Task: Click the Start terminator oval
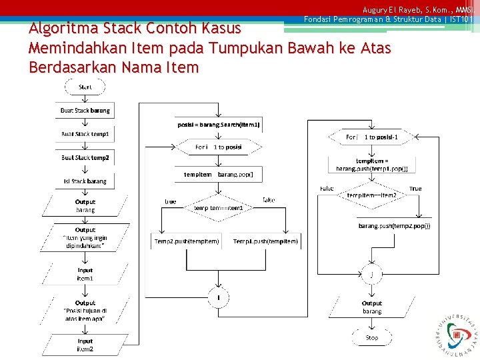pyautogui.click(x=85, y=87)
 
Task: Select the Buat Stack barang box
pyautogui.click(x=85, y=111)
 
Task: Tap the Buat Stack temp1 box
pyautogui.click(x=85, y=134)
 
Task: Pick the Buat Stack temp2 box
pyautogui.click(x=85, y=158)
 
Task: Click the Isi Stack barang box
pyautogui.click(x=85, y=181)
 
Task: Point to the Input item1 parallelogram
pyautogui.click(x=85, y=274)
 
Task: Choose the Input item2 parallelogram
pyautogui.click(x=85, y=345)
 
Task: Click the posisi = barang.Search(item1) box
pyautogui.click(x=219, y=125)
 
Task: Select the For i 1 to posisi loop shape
pyautogui.click(x=219, y=147)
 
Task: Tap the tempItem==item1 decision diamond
pyautogui.click(x=219, y=207)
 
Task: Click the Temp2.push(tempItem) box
pyautogui.click(x=187, y=241)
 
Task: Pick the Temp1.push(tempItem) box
pyautogui.click(x=265, y=241)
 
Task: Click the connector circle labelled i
pyautogui.click(x=219, y=297)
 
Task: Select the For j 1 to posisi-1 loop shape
pyautogui.click(x=372, y=137)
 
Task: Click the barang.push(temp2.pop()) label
pyautogui.click(x=395, y=226)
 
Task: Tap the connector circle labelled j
pyautogui.click(x=372, y=274)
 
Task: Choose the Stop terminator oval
pyautogui.click(x=372, y=337)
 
